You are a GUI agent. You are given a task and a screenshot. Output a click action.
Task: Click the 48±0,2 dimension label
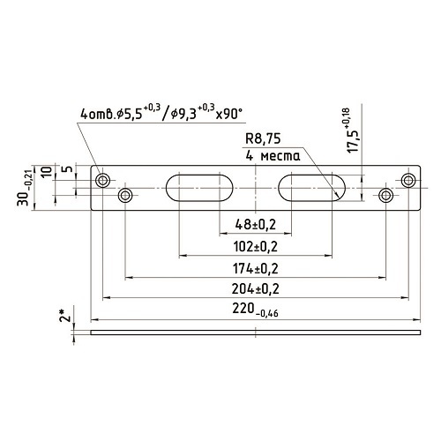click(x=256, y=225)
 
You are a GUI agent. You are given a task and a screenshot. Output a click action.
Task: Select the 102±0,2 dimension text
click(x=256, y=247)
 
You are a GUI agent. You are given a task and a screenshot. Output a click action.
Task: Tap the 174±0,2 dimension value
click(x=256, y=268)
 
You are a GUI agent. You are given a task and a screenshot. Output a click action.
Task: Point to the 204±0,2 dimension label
click(x=256, y=289)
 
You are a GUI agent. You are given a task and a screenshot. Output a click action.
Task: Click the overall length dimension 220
click(x=255, y=310)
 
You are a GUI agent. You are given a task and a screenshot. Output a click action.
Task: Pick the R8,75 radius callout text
click(x=263, y=138)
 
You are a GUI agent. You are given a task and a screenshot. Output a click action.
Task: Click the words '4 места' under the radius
click(x=273, y=155)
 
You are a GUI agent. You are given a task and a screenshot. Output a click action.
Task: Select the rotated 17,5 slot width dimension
click(x=352, y=131)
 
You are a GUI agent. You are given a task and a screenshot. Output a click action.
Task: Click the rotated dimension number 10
click(x=47, y=171)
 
